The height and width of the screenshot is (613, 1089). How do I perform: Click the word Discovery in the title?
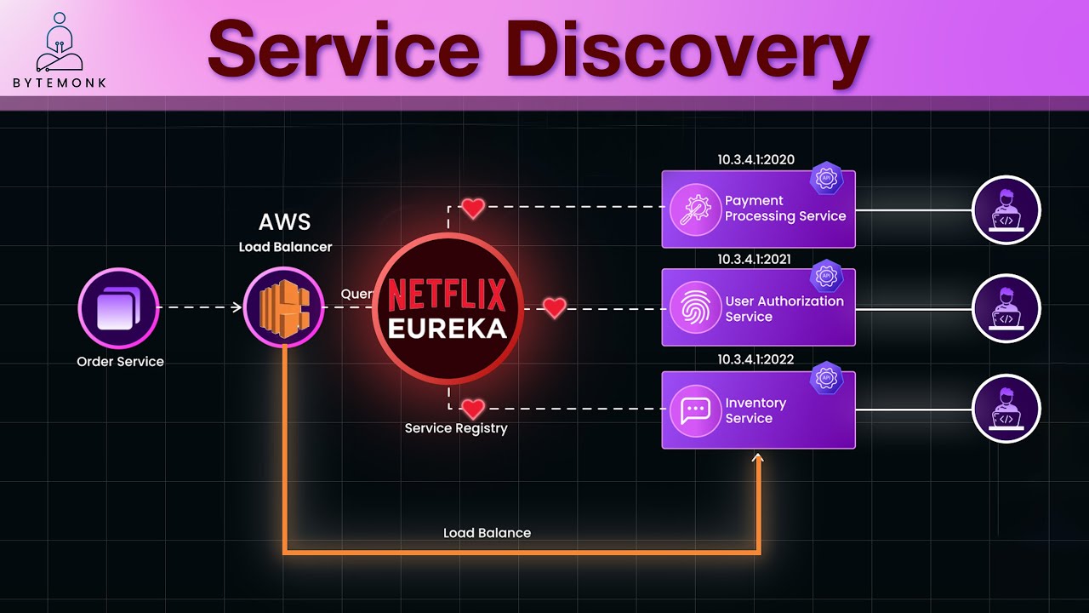(687, 49)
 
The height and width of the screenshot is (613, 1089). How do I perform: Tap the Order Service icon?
(118, 307)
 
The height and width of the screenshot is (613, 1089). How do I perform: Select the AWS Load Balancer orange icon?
(283, 307)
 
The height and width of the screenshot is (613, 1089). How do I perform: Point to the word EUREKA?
(447, 329)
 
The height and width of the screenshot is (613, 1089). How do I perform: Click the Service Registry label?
(456, 428)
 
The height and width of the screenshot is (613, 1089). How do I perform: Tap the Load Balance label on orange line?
(487, 533)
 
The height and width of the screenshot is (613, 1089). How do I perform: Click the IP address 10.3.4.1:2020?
(755, 160)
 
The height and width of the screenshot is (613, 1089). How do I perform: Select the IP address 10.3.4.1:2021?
(755, 259)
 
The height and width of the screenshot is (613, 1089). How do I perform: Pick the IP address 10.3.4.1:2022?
(755, 359)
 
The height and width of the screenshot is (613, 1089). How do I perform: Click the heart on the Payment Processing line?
(473, 208)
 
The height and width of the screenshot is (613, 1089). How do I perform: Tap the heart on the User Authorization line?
(555, 308)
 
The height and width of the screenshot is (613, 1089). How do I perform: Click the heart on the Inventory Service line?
(473, 409)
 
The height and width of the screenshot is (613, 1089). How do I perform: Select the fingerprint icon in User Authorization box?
(695, 308)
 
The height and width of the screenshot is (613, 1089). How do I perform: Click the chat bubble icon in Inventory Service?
(695, 410)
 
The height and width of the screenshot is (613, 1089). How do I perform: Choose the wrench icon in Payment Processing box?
(695, 209)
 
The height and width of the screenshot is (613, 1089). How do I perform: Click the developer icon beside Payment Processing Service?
(1006, 209)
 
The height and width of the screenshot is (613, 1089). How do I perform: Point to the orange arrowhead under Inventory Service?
(758, 459)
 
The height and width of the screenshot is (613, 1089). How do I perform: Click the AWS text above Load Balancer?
(284, 223)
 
